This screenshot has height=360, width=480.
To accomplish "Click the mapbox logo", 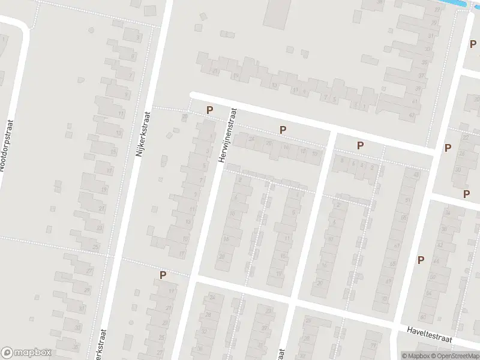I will pyautogui.click(x=26, y=353).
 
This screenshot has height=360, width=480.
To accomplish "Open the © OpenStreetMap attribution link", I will pyautogui.click(x=455, y=356).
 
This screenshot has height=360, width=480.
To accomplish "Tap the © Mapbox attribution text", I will pyautogui.click(x=416, y=356).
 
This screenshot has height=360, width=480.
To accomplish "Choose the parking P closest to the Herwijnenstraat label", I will pyautogui.click(x=209, y=110).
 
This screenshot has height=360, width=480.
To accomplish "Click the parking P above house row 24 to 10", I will pyautogui.click(x=283, y=129).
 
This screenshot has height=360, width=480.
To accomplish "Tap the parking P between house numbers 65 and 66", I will pyautogui.click(x=421, y=260).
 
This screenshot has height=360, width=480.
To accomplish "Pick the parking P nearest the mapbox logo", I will pyautogui.click(x=162, y=275).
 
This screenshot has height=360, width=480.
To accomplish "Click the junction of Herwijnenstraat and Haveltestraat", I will pyautogui.click(x=193, y=278).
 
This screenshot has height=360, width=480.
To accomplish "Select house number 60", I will pyautogui.click(x=422, y=316).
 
